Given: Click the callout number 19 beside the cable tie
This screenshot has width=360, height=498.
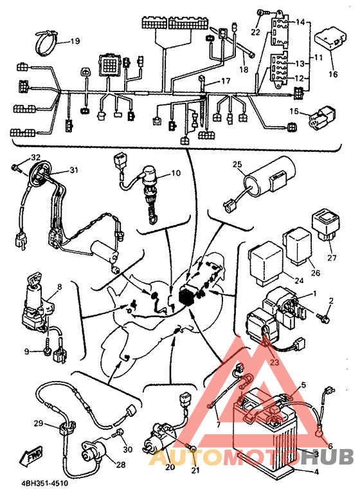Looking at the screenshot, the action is (75, 41).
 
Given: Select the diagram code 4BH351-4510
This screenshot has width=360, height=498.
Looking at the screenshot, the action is (44, 484).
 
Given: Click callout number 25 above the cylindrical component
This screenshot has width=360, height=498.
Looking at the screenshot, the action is (237, 164).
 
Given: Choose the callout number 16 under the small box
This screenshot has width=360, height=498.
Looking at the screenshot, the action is (333, 75).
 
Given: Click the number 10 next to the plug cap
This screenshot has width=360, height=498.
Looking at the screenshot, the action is (175, 173).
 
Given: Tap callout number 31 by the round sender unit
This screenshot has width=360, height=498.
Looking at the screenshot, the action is (74, 171).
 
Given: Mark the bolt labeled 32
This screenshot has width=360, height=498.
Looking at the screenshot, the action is (16, 168).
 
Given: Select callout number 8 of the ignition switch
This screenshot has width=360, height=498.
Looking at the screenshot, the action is (59, 286).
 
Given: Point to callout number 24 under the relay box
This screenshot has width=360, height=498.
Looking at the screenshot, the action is (299, 281).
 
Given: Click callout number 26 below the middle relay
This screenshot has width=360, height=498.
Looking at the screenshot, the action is (315, 273).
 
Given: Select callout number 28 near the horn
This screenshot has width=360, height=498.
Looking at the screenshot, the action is (121, 465).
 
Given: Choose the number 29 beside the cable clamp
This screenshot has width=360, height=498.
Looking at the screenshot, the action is (39, 423).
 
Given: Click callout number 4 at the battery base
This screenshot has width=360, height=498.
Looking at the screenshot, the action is (316, 472).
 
